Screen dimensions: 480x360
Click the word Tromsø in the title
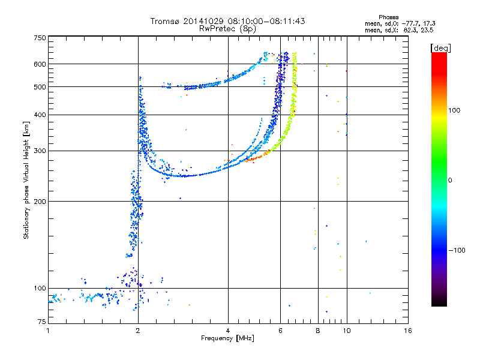coord(166,21)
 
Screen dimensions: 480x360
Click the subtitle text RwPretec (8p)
coord(227,29)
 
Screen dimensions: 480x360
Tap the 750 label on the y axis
coord(40,38)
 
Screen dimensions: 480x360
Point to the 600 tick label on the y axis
coord(40,64)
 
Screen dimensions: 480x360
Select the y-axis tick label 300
coord(40,151)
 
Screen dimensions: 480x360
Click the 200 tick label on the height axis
coord(40,202)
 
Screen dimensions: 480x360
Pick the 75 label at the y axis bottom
coord(42,322)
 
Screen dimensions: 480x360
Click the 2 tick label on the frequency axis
coord(138,331)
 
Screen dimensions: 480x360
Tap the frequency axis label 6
coord(280,331)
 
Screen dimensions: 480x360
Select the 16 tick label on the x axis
coord(408,331)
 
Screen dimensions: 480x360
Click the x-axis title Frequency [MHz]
coord(227,338)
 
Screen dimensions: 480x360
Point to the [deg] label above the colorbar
coord(440,49)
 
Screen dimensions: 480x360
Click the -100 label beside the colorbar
coord(457,250)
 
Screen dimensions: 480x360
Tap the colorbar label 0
coord(450,181)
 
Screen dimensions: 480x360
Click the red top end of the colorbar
coord(439,54)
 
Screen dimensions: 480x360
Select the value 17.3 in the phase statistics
coord(429,23)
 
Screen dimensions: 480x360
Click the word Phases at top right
coord(388,17)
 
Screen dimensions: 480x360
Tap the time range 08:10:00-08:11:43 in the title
coord(266,21)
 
